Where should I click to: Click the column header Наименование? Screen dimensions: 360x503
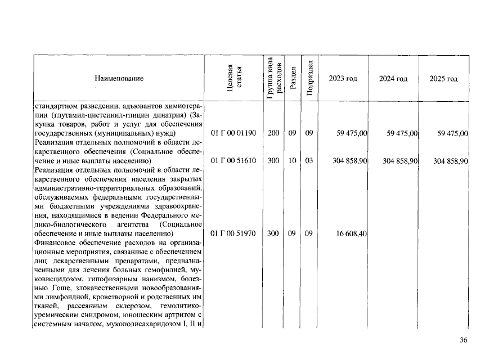pos(119,79)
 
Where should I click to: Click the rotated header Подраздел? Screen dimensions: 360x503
pos(309,78)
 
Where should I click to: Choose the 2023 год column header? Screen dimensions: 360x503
pos(343,79)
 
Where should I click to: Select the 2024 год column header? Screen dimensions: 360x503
pos(393,79)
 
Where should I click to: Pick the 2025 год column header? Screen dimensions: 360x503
pos(443,79)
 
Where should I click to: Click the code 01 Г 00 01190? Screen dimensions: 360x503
pos(233,133)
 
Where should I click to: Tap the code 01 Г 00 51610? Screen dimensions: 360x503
pos(233,161)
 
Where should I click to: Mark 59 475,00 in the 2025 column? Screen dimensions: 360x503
pos(452,133)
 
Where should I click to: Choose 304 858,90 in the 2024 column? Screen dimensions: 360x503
pos(399,161)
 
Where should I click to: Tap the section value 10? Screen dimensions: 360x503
pos(292,161)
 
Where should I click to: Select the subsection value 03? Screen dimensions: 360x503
pos(309,161)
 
